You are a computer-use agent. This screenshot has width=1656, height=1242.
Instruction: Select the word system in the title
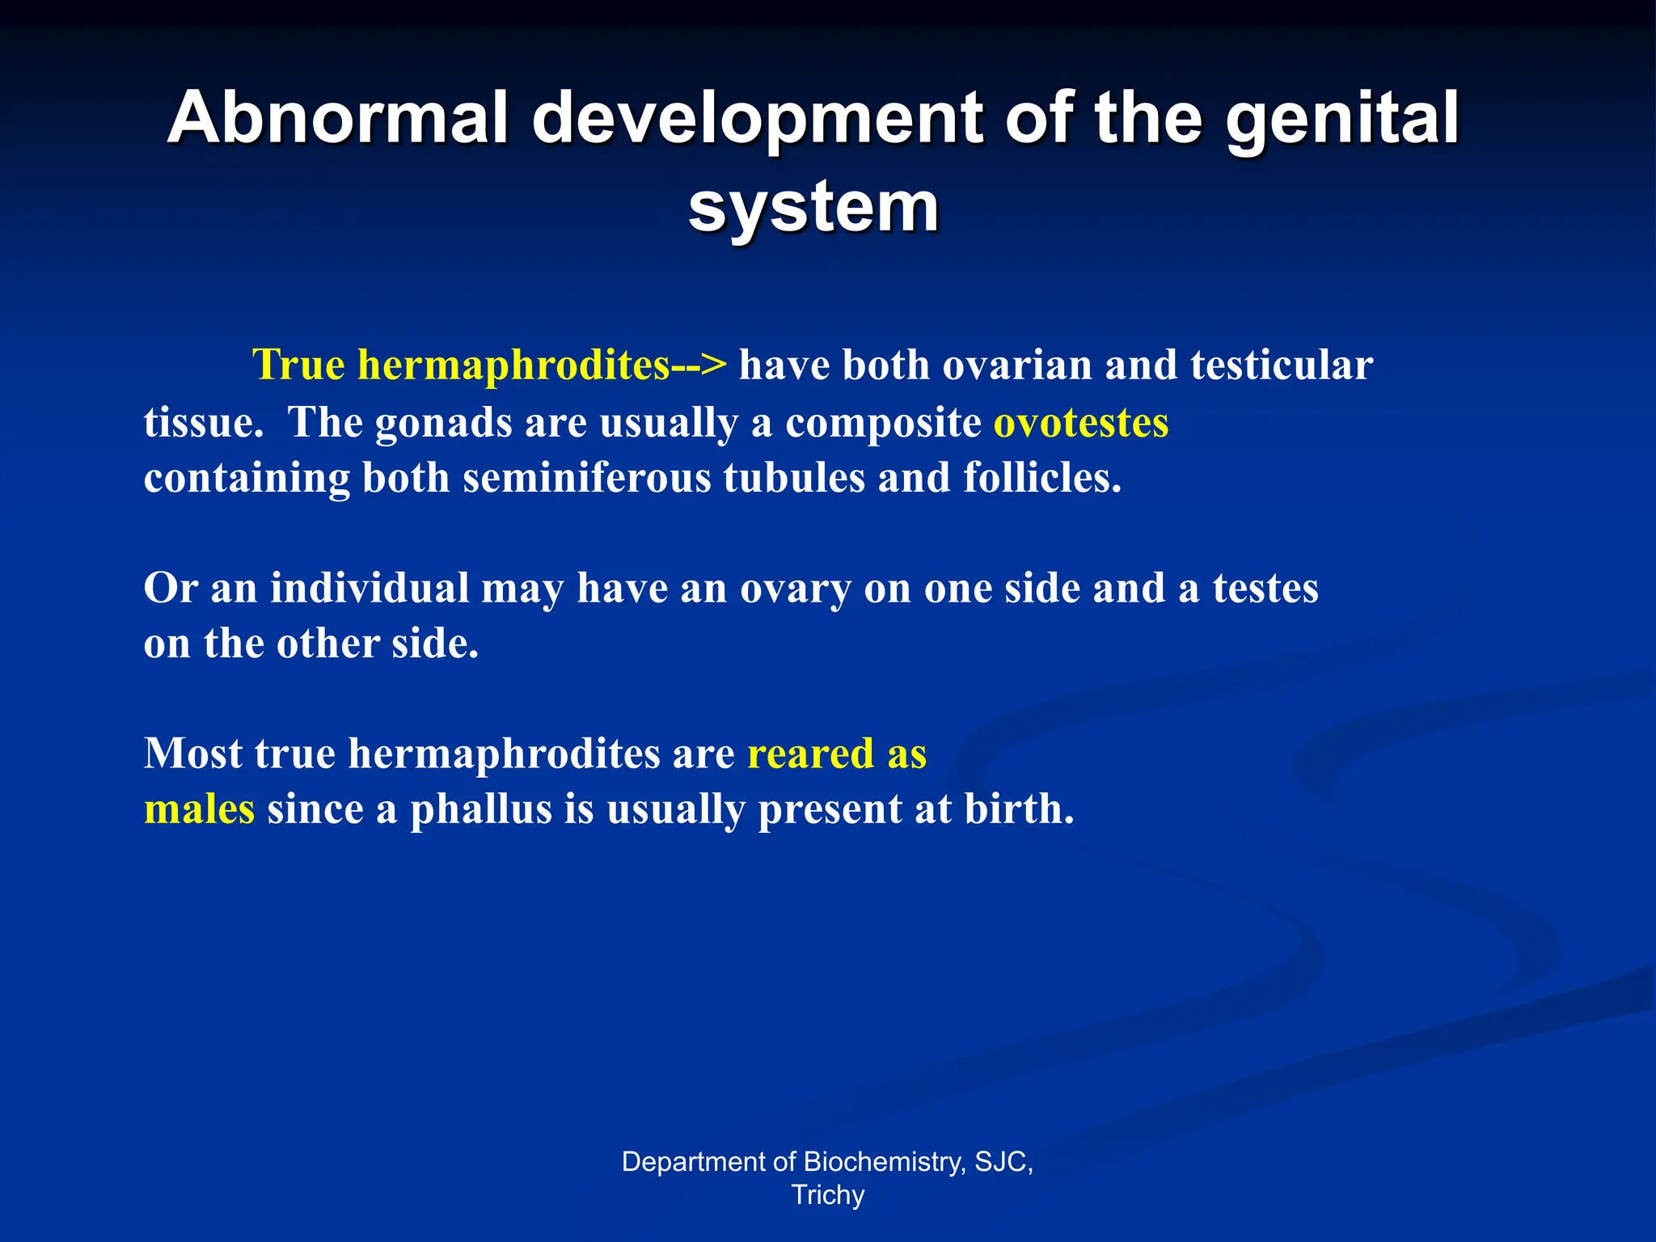point(813,207)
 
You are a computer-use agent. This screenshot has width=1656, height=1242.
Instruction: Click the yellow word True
point(298,365)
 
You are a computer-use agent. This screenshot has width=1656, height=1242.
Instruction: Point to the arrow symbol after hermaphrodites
point(699,365)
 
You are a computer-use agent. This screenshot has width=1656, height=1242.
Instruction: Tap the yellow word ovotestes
point(1080,423)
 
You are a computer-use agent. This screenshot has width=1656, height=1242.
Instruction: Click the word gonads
point(443,423)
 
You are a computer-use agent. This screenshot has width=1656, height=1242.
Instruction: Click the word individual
point(369,589)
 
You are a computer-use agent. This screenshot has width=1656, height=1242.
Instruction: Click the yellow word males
point(199,809)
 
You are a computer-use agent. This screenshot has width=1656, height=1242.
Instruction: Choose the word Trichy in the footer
point(827,1195)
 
